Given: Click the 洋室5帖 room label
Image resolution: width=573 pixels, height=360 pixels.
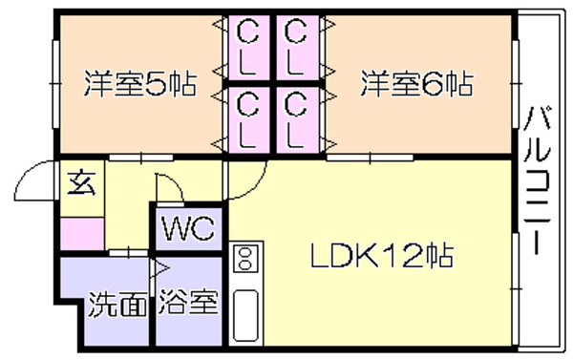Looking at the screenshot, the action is pos(140,84).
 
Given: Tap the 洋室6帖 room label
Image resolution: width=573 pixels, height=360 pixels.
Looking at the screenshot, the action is pos(417,84).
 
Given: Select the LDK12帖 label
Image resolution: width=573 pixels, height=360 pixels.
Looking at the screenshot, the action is pos(382,255).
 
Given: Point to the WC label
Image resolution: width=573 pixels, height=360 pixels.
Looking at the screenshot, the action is pos(188,229).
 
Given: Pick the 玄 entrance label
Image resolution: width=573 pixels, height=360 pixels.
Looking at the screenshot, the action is pos(82,182).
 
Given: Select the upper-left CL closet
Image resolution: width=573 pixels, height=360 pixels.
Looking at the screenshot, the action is pos(248,48).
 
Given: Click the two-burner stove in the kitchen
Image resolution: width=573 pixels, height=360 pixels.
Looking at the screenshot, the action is pos(245,258).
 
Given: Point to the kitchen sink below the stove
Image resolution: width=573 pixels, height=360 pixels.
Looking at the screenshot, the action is pos(245,315).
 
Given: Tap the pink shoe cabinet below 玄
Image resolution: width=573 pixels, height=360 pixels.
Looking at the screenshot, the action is pos(82,234).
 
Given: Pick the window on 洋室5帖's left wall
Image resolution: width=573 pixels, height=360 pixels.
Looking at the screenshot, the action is pos(55,84).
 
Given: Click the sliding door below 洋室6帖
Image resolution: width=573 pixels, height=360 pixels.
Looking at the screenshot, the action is pos(370,158).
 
